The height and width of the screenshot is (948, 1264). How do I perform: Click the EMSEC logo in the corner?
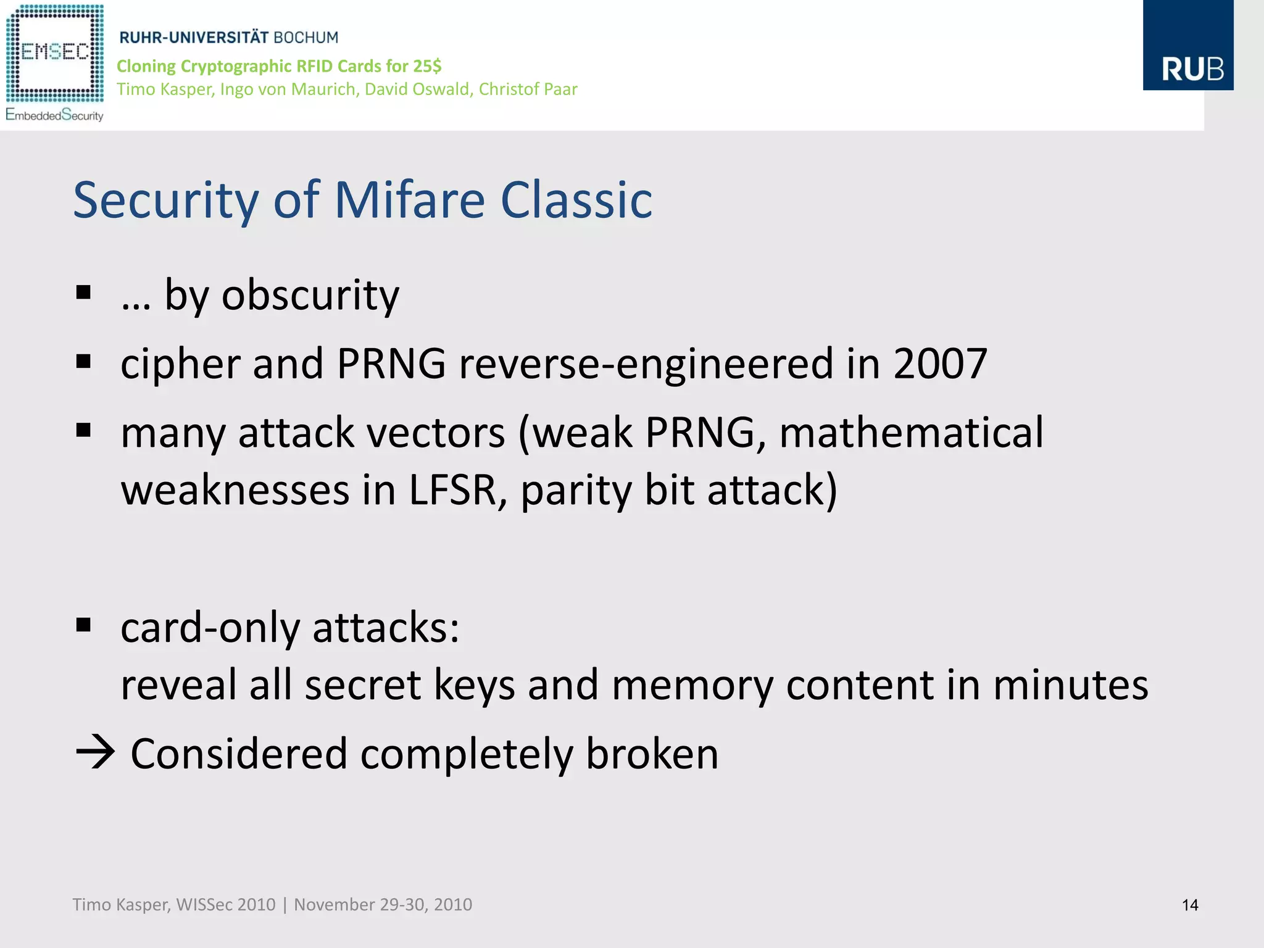click(x=54, y=62)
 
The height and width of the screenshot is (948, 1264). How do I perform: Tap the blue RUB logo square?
click(x=1187, y=46)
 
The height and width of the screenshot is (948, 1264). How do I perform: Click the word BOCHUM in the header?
click(x=306, y=38)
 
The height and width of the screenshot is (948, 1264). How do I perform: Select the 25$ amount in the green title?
click(x=427, y=66)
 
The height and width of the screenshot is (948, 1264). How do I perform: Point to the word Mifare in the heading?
click(x=409, y=201)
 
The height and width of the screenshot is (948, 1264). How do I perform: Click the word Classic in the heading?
click(x=576, y=201)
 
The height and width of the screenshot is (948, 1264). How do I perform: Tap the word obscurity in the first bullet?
click(x=310, y=295)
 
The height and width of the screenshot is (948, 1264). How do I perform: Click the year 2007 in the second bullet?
click(x=940, y=364)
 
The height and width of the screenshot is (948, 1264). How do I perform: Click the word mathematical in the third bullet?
click(x=911, y=432)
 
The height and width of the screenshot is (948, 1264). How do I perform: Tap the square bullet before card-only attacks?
click(x=83, y=625)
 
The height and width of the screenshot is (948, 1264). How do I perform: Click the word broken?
click(x=652, y=754)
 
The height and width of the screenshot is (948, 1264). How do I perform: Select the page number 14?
click(x=1189, y=905)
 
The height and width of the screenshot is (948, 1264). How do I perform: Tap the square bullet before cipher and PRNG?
click(x=83, y=362)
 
